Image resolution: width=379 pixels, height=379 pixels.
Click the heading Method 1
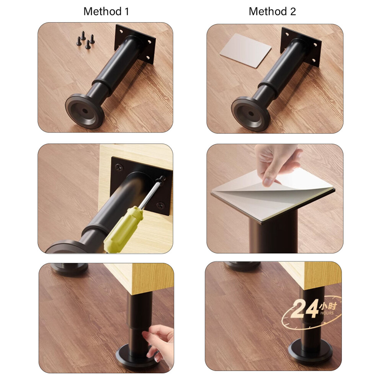click(106, 11)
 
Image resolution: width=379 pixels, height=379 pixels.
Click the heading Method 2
click(272, 11)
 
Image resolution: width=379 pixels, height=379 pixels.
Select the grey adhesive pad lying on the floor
click(245, 51)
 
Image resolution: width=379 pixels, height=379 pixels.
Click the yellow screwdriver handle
click(123, 229)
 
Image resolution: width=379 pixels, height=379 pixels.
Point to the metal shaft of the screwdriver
click(151, 193)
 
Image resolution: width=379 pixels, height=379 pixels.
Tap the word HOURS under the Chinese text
click(327, 313)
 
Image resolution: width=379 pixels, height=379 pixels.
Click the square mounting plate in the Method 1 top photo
click(134, 44)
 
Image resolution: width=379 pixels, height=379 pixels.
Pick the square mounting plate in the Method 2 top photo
click(301, 47)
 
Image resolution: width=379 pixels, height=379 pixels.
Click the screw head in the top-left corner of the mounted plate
click(119, 167)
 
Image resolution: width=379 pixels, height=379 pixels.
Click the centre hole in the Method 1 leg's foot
click(85, 111)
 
